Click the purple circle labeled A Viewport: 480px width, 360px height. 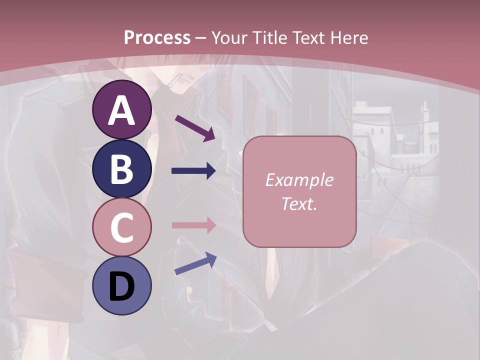pyautogui.click(x=121, y=109)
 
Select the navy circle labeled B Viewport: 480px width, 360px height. pyautogui.click(x=121, y=168)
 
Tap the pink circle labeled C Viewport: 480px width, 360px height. pyautogui.click(x=121, y=227)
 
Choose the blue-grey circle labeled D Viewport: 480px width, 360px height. pyautogui.click(x=121, y=285)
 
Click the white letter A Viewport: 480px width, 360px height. pyautogui.click(x=121, y=110)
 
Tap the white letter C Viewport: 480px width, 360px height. pyautogui.click(x=121, y=227)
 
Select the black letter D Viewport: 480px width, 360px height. pyautogui.click(x=121, y=286)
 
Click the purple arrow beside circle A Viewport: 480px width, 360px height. pyautogui.click(x=195, y=127)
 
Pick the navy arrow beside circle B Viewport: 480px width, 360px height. pyautogui.click(x=193, y=171)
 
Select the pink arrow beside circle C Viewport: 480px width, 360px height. pyautogui.click(x=193, y=225)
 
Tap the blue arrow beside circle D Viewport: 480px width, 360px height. pyautogui.click(x=195, y=263)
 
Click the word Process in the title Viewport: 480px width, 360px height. pyautogui.click(x=157, y=37)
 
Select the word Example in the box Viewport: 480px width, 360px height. pyautogui.click(x=299, y=180)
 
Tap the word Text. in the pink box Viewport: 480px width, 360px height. pyautogui.click(x=299, y=203)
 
